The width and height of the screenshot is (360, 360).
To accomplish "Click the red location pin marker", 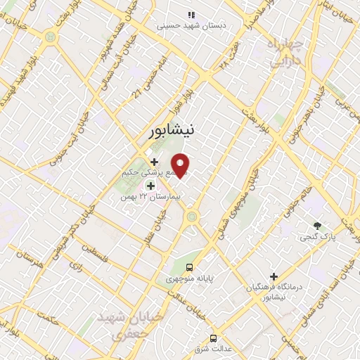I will coord(181,165).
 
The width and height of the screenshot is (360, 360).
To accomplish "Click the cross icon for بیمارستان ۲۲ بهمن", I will coord(150,186).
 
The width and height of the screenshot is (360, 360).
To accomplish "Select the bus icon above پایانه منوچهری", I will coord(191,267).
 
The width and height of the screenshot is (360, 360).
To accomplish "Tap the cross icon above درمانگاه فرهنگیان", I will coord(274,277).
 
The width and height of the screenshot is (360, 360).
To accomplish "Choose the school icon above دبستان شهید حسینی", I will coord(191,14).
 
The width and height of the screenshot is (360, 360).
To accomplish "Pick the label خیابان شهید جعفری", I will coord(132,324).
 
